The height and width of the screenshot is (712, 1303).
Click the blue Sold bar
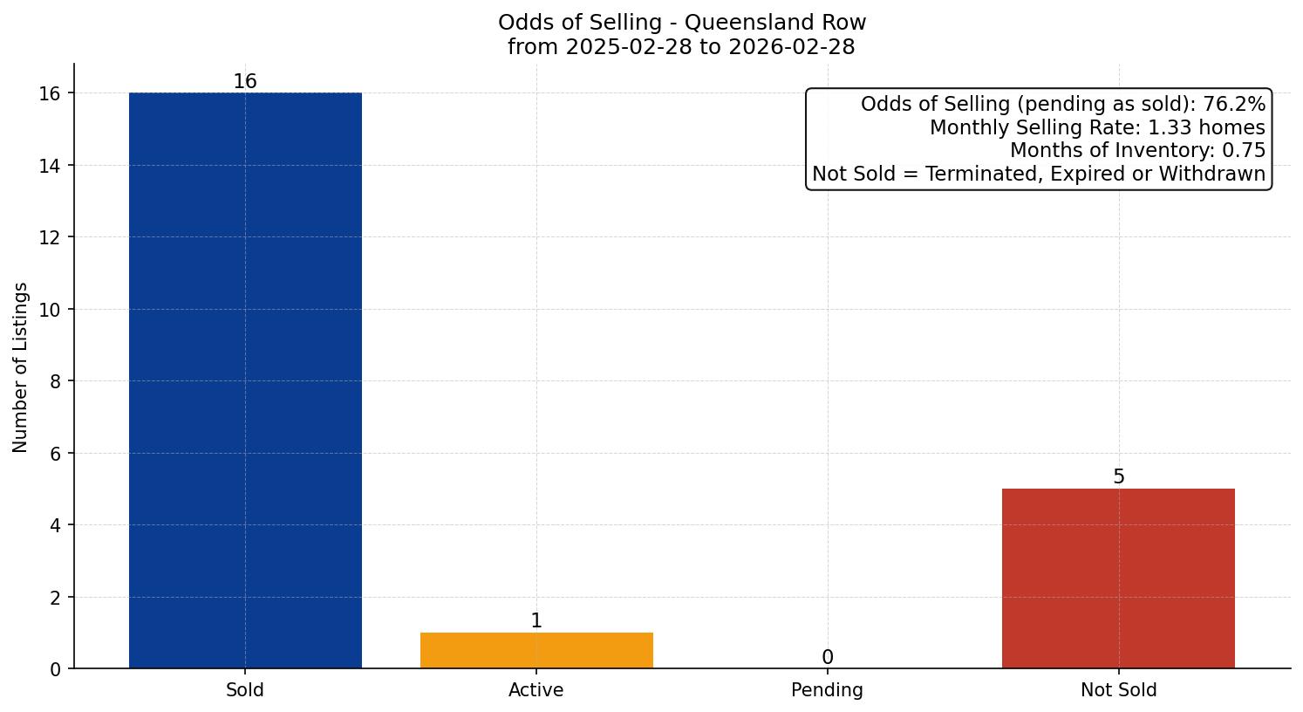[x=245, y=380]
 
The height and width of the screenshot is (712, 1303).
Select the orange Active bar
[x=536, y=650]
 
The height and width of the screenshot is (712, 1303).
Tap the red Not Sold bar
[x=1118, y=578]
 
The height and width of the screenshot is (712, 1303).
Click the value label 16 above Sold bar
[x=245, y=82]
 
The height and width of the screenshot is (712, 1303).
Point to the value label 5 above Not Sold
[x=1119, y=477]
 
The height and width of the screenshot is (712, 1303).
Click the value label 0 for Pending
[x=827, y=658]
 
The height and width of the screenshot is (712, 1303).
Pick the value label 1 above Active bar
[x=536, y=621]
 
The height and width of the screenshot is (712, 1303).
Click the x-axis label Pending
[x=827, y=690]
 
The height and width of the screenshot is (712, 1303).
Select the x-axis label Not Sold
[x=1118, y=690]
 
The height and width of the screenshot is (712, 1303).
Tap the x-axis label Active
[x=536, y=690]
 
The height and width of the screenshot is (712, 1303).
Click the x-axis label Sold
[x=245, y=690]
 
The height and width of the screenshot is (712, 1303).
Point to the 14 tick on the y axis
[x=51, y=166]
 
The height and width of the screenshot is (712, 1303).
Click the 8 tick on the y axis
[x=56, y=381]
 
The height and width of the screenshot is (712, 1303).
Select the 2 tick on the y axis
[x=56, y=598]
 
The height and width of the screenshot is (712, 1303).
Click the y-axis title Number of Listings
[x=21, y=367]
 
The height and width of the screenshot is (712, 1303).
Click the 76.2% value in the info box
[x=1233, y=105]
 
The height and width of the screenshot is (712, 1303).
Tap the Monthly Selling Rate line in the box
[x=1096, y=127]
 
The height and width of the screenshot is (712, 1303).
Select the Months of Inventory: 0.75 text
[x=1136, y=150]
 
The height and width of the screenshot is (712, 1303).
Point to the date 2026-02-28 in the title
[x=792, y=47]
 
